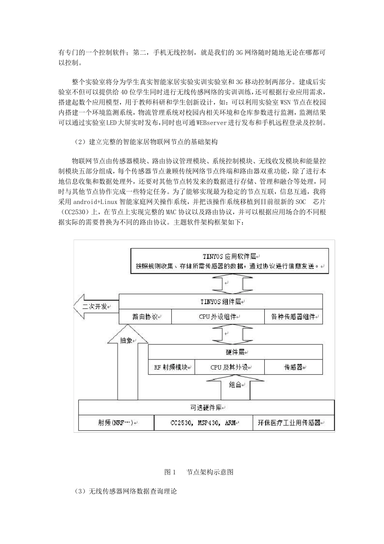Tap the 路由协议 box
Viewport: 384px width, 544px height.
[145, 317]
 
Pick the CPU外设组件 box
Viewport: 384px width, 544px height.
[218, 317]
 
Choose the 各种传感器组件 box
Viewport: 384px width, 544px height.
[293, 317]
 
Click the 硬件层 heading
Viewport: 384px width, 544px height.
[236, 352]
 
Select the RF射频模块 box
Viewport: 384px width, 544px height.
[171, 367]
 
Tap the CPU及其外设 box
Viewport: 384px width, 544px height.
[230, 367]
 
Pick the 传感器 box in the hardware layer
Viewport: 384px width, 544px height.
[293, 367]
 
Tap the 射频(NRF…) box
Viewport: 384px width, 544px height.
[116, 423]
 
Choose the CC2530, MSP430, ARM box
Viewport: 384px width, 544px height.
[203, 423]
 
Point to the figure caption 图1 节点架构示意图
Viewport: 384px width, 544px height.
[199, 472]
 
